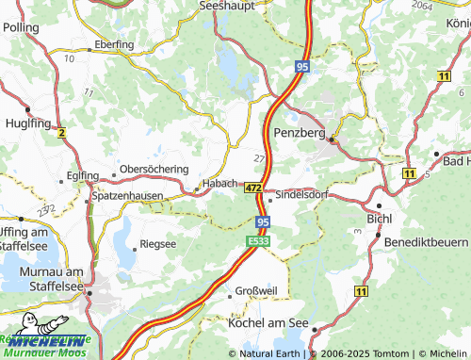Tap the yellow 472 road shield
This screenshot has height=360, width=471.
(x=253, y=188)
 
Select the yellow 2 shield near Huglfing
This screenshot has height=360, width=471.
(x=62, y=134)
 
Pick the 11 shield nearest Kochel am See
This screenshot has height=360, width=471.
(x=361, y=295)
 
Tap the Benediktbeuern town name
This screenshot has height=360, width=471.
(x=427, y=243)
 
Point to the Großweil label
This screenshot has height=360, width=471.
(x=255, y=290)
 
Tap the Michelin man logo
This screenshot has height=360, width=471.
(x=19, y=341)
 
